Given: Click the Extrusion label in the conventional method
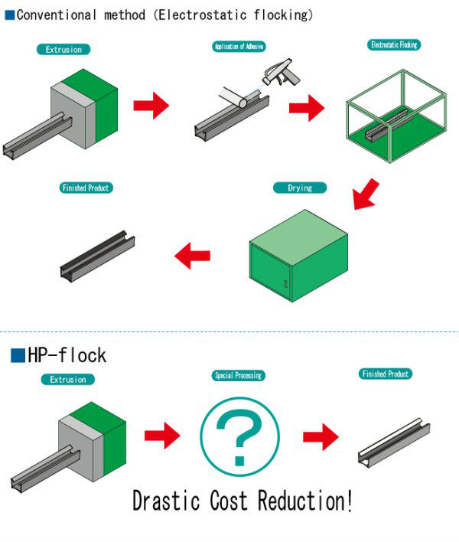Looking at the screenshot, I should pyautogui.click(x=63, y=49).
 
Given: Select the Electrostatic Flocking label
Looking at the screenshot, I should pyautogui.click(x=393, y=45).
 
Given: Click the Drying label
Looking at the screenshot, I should pyautogui.click(x=299, y=188).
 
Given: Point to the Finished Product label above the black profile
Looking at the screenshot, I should pyautogui.click(x=85, y=188).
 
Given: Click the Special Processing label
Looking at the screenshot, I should pyautogui.click(x=238, y=376).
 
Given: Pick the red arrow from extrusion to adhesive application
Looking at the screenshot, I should pyautogui.click(x=151, y=106).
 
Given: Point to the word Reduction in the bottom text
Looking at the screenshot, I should pyautogui.click(x=301, y=501).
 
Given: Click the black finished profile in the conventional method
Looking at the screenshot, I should pyautogui.click(x=97, y=254).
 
